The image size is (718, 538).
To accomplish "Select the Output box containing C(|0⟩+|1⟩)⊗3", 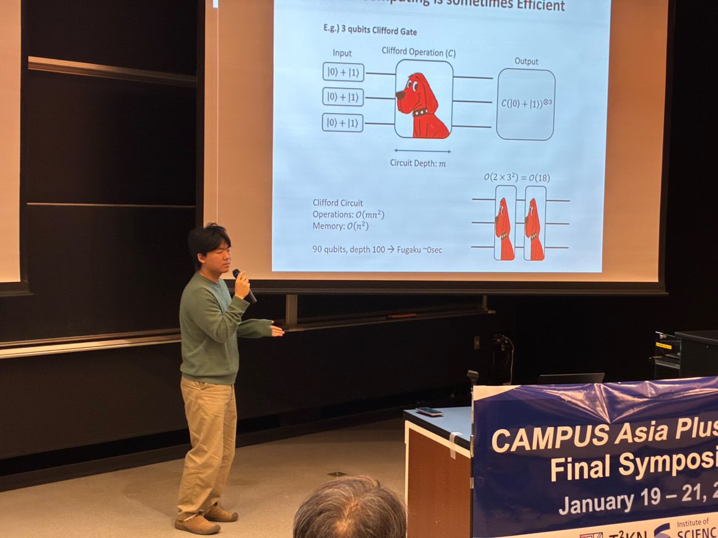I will coord(525,103).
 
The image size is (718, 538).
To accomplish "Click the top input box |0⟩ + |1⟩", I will coord(343,72).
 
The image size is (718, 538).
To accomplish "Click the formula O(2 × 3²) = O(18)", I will coord(516,178).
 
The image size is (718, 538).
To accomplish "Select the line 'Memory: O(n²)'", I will coord(341,226).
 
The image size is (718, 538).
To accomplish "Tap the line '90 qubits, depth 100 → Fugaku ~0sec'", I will coord(377,249).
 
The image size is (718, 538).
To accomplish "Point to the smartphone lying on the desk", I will coord(429,411).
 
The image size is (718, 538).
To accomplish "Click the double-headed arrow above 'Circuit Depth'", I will coord(422,151).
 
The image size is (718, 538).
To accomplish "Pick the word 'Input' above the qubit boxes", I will coord(342,54).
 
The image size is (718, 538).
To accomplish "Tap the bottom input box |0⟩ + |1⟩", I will coord(342,122).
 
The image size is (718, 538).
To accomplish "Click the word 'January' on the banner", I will coord(595,502).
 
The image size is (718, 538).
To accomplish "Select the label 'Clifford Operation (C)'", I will coord(418,52).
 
